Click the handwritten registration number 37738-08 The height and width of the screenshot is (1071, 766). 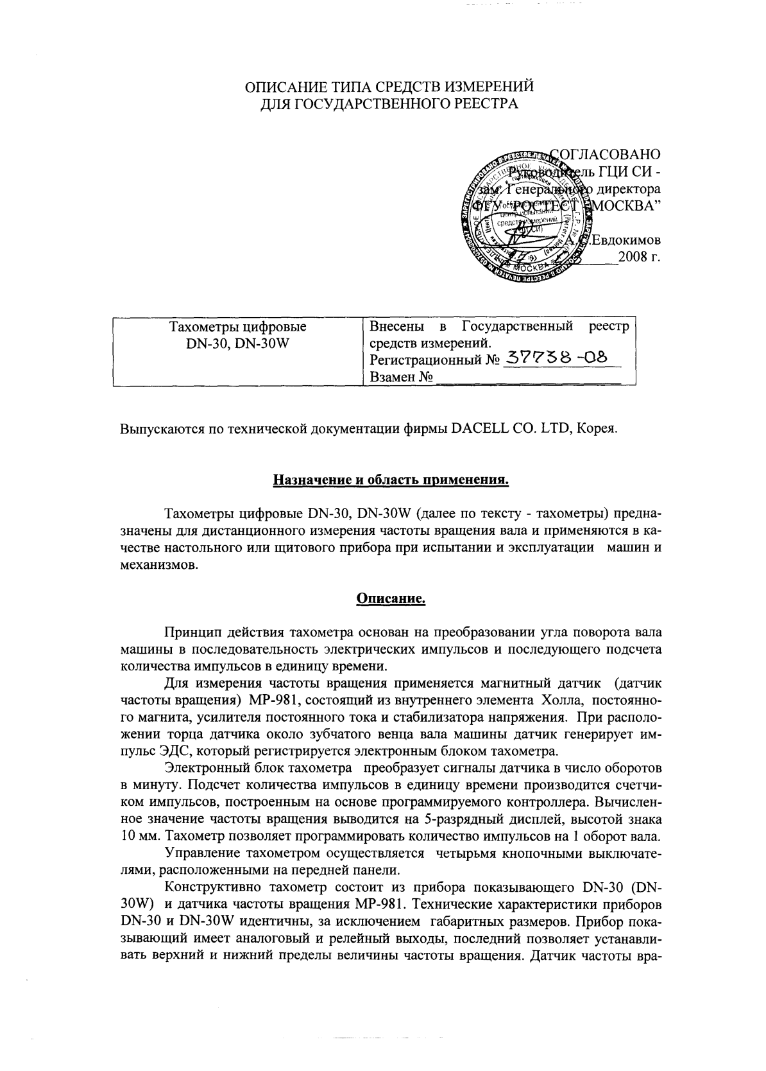pyautogui.click(x=556, y=358)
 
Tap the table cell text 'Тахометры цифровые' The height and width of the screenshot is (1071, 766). pyautogui.click(x=237, y=327)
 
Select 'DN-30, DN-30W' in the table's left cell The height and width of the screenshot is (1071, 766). pyautogui.click(x=237, y=343)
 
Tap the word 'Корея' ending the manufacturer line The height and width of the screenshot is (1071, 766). pyautogui.click(x=598, y=428)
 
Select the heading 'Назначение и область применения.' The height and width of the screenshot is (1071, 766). pyautogui.click(x=391, y=480)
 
